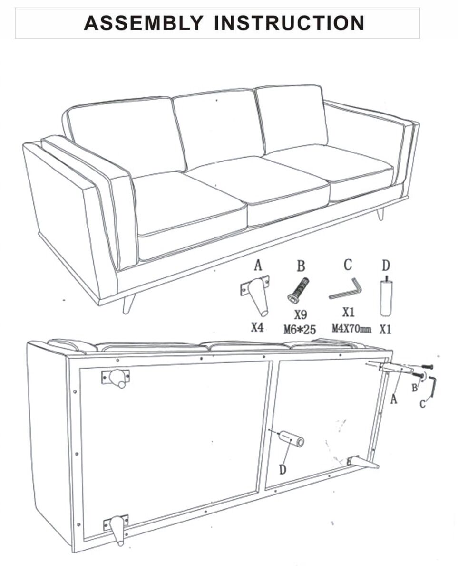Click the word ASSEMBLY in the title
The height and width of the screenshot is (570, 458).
(144, 23)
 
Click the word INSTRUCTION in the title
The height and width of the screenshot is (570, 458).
(289, 23)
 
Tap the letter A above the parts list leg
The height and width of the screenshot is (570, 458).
(258, 266)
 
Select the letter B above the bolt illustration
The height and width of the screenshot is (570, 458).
(301, 266)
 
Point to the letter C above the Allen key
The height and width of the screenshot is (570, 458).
(348, 265)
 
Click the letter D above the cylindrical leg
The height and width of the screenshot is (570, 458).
(386, 265)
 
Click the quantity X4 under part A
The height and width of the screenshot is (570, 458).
(257, 328)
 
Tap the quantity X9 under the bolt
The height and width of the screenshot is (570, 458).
(301, 314)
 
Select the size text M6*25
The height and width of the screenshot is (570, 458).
(300, 330)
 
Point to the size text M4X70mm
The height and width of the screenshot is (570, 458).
(351, 329)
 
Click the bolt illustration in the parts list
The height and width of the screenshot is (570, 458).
(298, 290)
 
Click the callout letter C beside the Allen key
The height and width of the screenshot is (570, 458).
(422, 404)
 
